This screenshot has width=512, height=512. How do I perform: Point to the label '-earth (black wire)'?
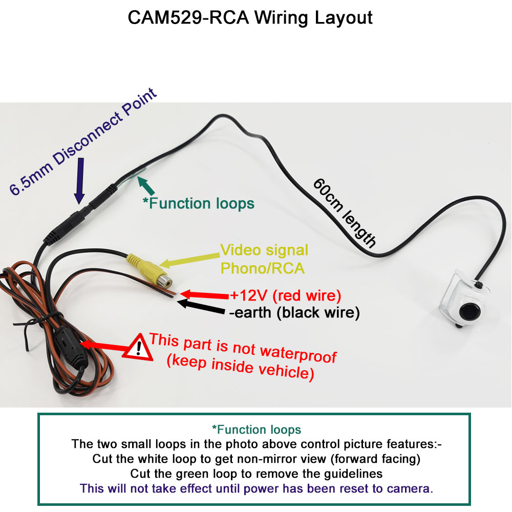pos(294,312)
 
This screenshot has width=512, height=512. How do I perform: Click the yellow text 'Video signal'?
pos(264,250)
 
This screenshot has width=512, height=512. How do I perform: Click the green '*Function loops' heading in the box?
pos(257,429)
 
